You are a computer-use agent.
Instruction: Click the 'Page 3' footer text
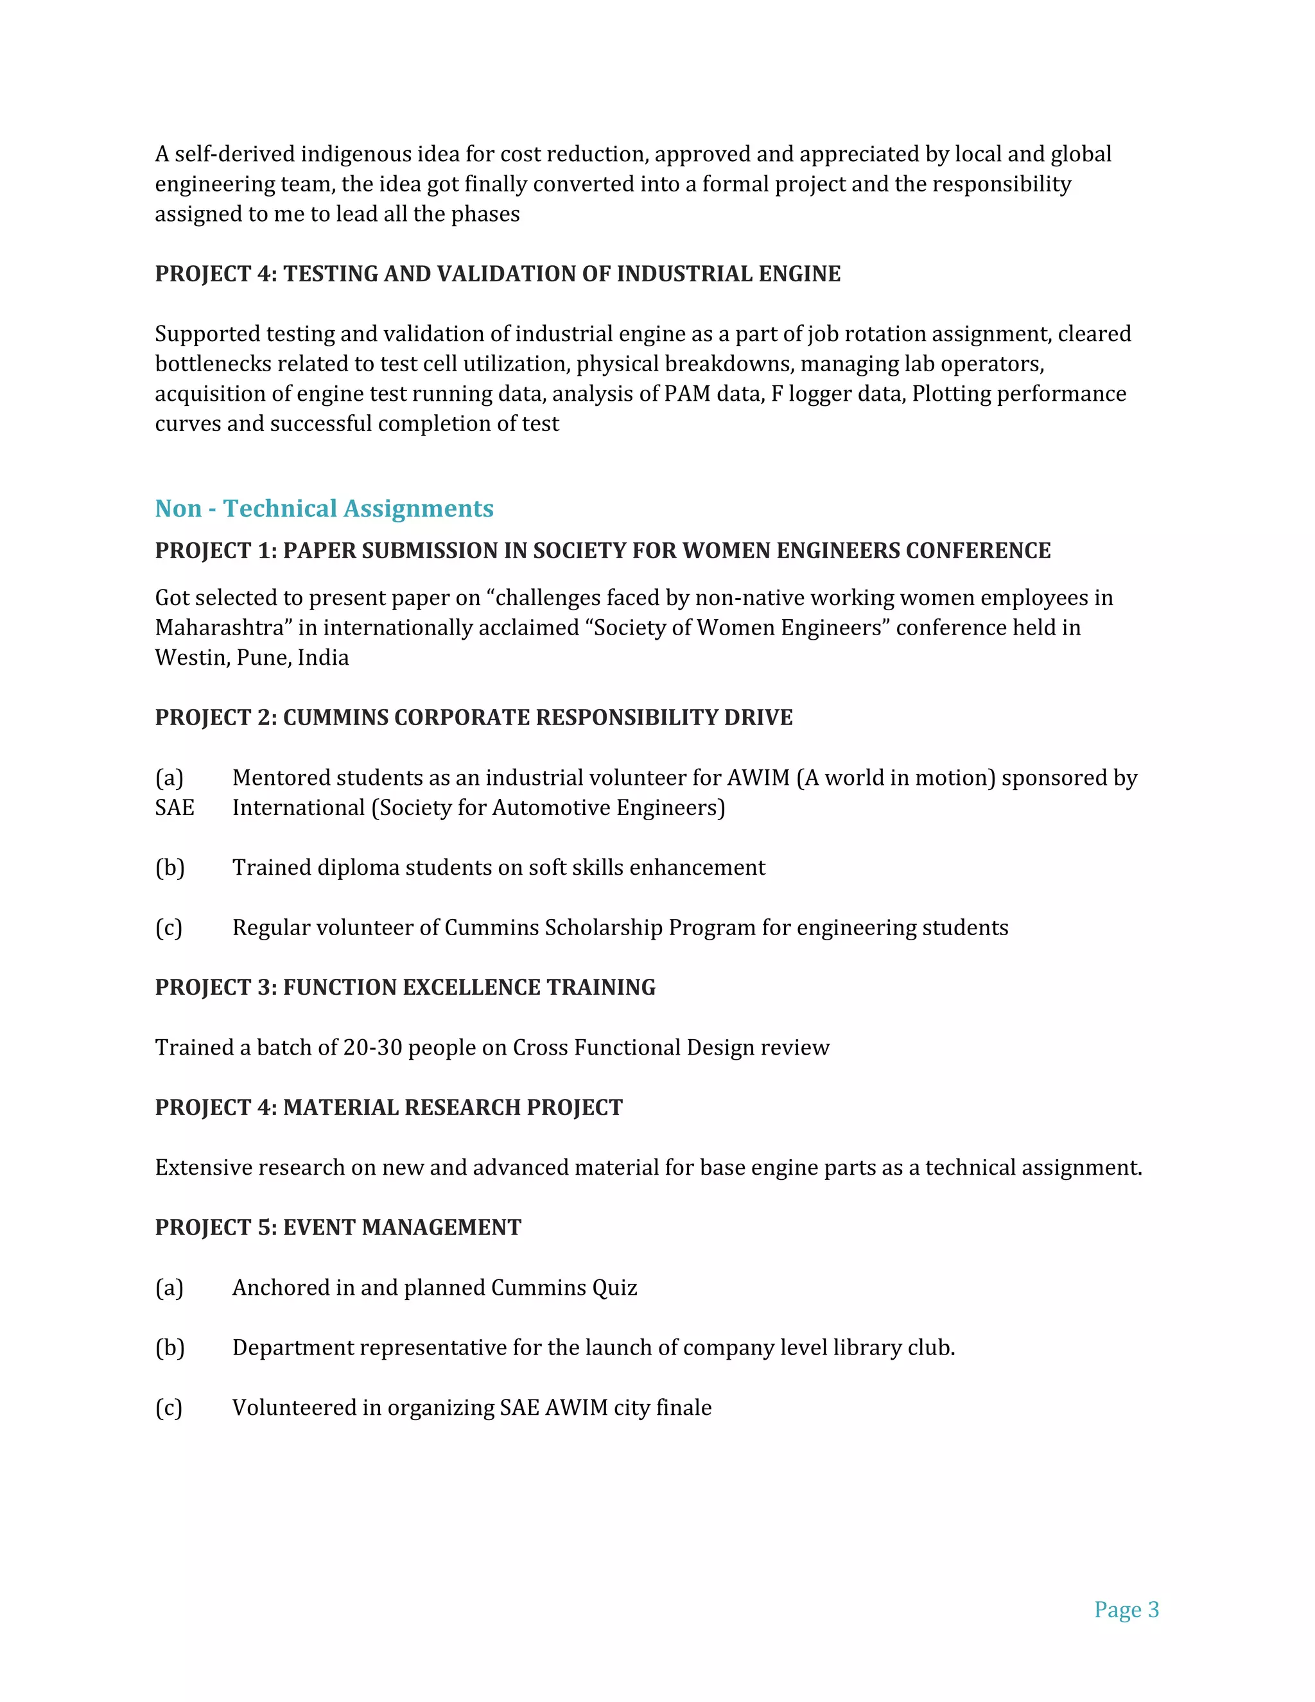(1126, 1610)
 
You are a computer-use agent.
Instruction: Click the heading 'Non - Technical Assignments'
(324, 508)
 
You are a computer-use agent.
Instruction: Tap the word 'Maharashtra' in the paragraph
(219, 627)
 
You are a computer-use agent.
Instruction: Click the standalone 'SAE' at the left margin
(175, 807)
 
